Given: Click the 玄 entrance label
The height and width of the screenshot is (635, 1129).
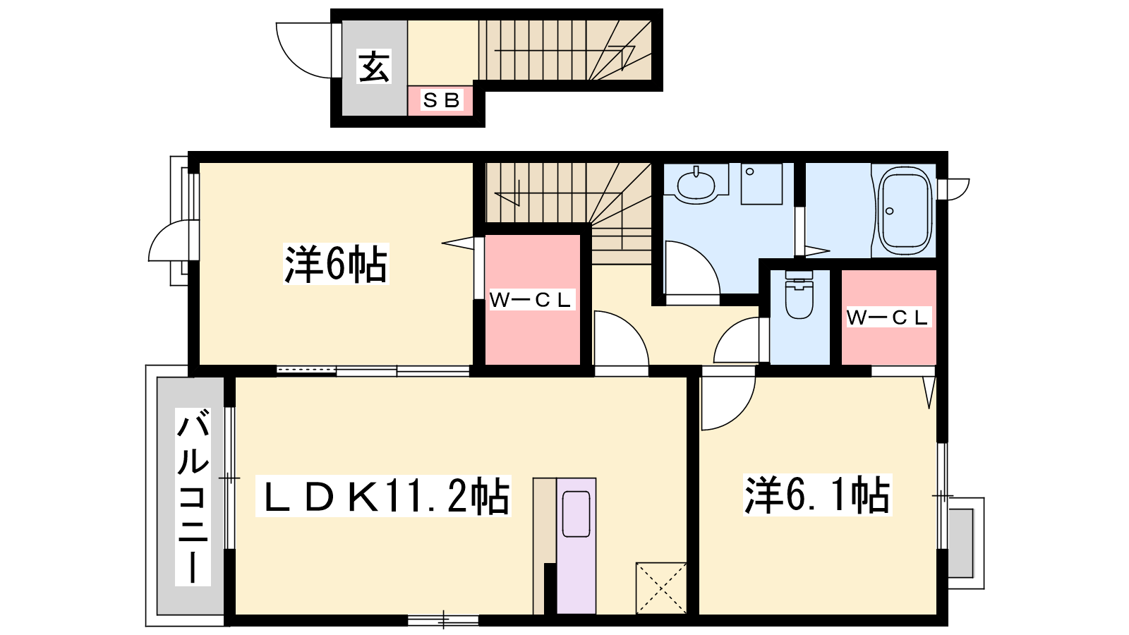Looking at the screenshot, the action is click(x=373, y=66).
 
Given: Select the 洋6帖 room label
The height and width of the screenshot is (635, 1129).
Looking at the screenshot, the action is click(x=336, y=264).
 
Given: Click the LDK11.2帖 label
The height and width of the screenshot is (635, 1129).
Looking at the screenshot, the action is click(x=384, y=495).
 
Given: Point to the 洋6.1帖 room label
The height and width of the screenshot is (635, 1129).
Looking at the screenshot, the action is click(x=818, y=495).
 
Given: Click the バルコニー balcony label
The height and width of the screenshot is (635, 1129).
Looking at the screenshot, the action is click(x=193, y=497).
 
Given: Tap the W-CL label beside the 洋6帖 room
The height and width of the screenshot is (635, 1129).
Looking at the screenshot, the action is click(x=531, y=300).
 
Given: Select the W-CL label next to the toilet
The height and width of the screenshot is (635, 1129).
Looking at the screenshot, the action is click(x=888, y=317).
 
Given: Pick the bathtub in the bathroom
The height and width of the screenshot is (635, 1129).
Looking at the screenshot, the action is click(x=905, y=211).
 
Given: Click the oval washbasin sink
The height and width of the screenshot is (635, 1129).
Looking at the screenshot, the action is click(x=696, y=186).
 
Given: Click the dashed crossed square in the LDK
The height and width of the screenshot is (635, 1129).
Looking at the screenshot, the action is click(x=661, y=588).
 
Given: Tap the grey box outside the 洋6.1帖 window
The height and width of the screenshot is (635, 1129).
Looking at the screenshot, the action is click(x=960, y=543).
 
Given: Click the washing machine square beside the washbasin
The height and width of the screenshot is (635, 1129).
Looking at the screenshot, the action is click(x=761, y=183).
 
